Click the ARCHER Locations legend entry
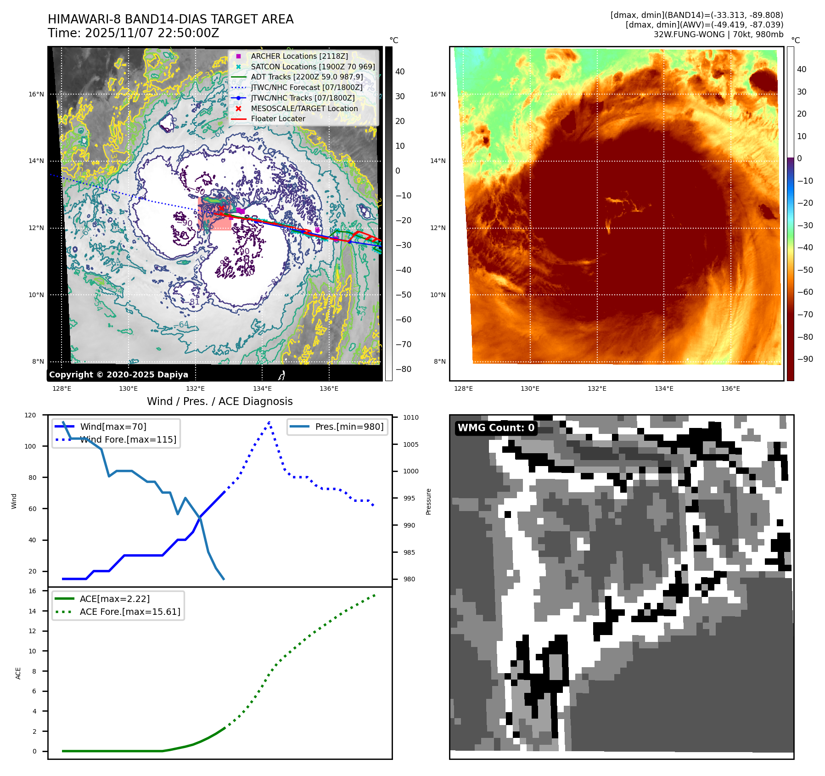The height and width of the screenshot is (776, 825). coord(299,56)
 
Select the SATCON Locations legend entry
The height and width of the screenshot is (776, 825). coord(313,67)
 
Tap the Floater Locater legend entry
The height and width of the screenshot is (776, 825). coord(278,118)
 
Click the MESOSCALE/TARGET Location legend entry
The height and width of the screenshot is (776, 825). coord(304,108)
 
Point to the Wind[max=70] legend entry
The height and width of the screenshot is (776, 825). coord(113,427)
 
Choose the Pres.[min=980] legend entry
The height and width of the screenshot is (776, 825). coord(349,427)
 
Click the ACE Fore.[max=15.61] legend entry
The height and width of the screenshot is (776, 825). coord(130,612)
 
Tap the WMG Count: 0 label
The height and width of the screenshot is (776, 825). coord(496,428)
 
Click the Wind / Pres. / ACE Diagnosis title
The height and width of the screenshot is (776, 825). coord(219,401)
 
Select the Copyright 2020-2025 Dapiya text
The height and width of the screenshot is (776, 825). coord(118,375)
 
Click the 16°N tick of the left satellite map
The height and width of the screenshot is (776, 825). coord(36,94)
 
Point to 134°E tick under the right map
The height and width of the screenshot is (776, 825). coord(664,388)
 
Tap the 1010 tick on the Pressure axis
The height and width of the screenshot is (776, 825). coord(411,417)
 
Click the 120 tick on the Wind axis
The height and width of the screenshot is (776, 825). coord(30,415)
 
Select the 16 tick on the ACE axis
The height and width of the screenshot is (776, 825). coord(32,591)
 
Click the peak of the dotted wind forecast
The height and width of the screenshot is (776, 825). coord(269,422)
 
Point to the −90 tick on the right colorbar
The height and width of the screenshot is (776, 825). coord(805,359)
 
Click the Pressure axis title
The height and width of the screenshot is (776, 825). coord(428,501)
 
